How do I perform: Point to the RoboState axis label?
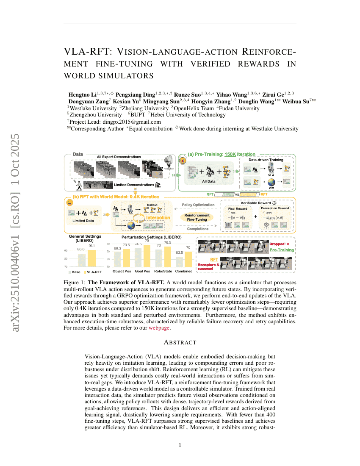click(x=163, y=271)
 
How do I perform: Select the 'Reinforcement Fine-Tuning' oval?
click(x=197, y=217)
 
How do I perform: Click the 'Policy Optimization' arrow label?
click(x=197, y=205)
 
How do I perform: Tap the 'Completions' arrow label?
click(x=197, y=229)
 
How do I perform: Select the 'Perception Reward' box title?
click(x=275, y=208)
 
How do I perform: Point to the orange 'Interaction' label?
click(x=158, y=218)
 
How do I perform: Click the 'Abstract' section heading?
click(x=180, y=342)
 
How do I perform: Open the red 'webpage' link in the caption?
click(x=159, y=328)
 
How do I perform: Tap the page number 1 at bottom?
click(x=180, y=445)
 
